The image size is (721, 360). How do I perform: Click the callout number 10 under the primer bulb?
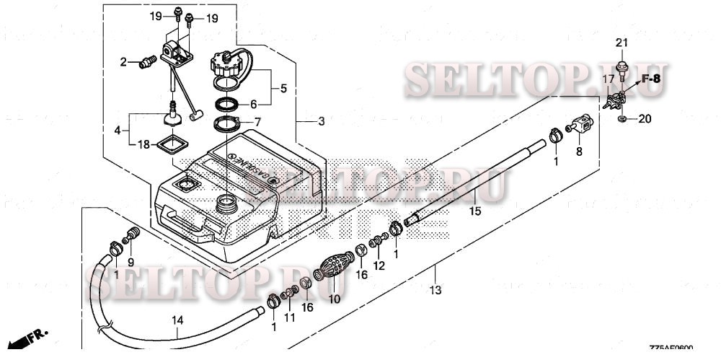(334, 298)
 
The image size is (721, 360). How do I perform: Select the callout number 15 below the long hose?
(474, 211)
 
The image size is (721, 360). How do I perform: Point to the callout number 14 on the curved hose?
(177, 320)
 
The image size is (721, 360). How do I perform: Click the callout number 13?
(435, 291)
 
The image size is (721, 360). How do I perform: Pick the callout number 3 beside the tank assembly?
(322, 120)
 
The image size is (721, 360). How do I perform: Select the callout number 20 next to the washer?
(645, 118)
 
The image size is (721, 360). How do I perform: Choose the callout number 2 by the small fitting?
(123, 62)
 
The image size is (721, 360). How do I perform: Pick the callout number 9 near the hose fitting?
(131, 261)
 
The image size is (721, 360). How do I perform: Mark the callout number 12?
(379, 265)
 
